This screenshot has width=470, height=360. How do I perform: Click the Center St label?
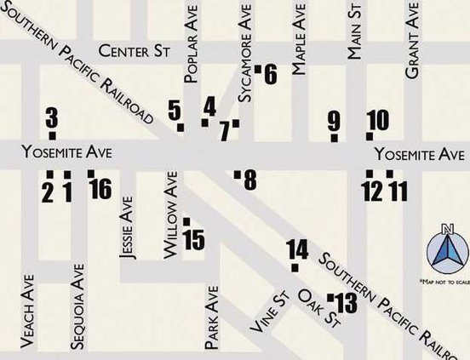point(135,52)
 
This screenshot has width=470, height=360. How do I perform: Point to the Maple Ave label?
point(299,51)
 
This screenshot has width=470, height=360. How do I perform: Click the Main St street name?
point(355,31)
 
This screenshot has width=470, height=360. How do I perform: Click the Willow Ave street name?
point(170,216)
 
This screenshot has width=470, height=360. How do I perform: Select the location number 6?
point(271,75)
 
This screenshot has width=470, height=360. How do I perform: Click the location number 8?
point(249,180)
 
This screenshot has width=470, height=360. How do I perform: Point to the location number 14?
point(297,249)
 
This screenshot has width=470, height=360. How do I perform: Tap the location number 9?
point(334,121)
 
